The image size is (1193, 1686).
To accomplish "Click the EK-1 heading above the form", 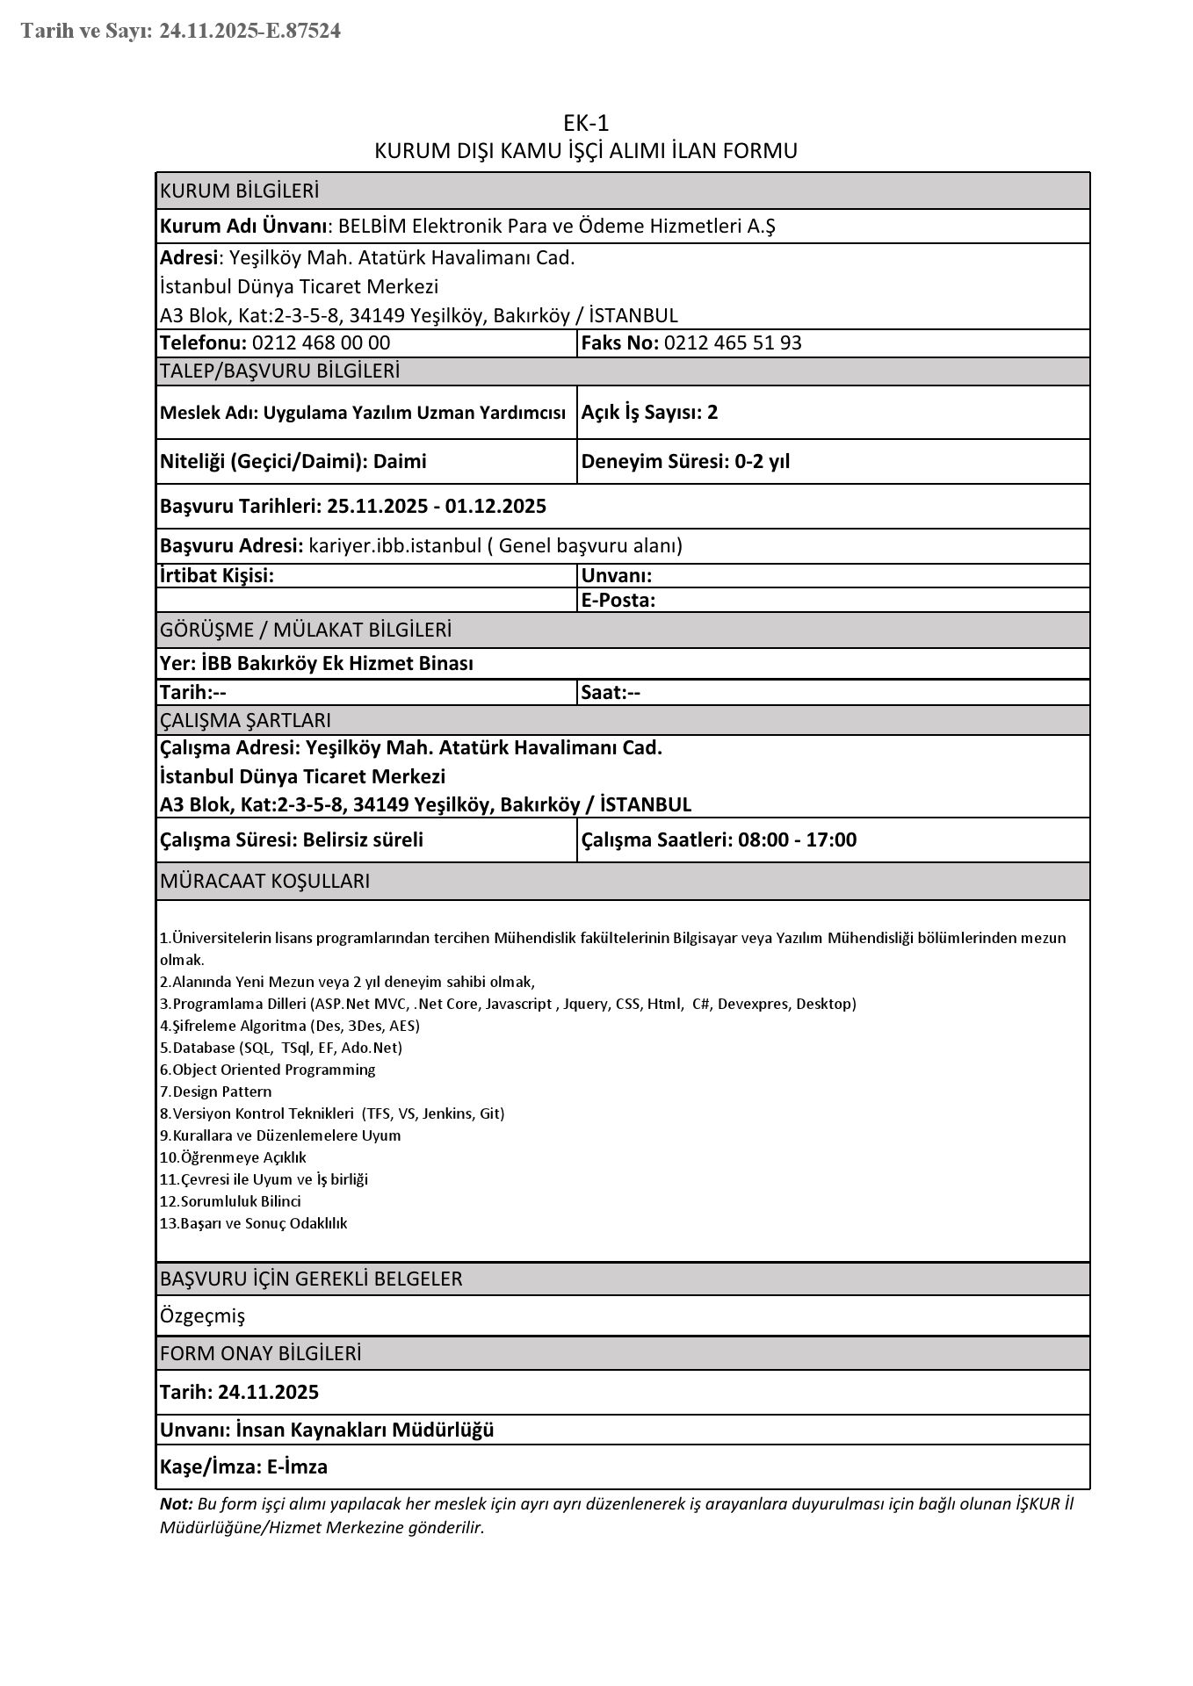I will click(586, 123).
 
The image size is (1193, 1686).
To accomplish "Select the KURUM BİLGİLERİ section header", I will click(239, 191).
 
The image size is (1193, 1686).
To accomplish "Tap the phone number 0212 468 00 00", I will click(321, 342).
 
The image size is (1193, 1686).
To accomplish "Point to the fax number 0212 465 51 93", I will click(733, 342).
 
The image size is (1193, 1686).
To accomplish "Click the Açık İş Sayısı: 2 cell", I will click(649, 412).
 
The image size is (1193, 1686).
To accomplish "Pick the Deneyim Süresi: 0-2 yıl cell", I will click(685, 461).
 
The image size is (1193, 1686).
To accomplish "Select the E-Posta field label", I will click(618, 601).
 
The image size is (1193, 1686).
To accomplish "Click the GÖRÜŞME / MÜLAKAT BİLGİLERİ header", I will click(306, 630).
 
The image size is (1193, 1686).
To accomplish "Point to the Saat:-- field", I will click(611, 692).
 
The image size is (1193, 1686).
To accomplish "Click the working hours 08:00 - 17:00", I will click(797, 839).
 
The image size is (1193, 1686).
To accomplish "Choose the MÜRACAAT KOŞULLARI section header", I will click(264, 881).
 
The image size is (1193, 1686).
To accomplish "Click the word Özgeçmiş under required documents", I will click(202, 1315).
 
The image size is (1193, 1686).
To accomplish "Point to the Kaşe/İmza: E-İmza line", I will click(243, 1466).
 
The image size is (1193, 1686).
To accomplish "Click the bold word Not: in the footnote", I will click(176, 1503).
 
